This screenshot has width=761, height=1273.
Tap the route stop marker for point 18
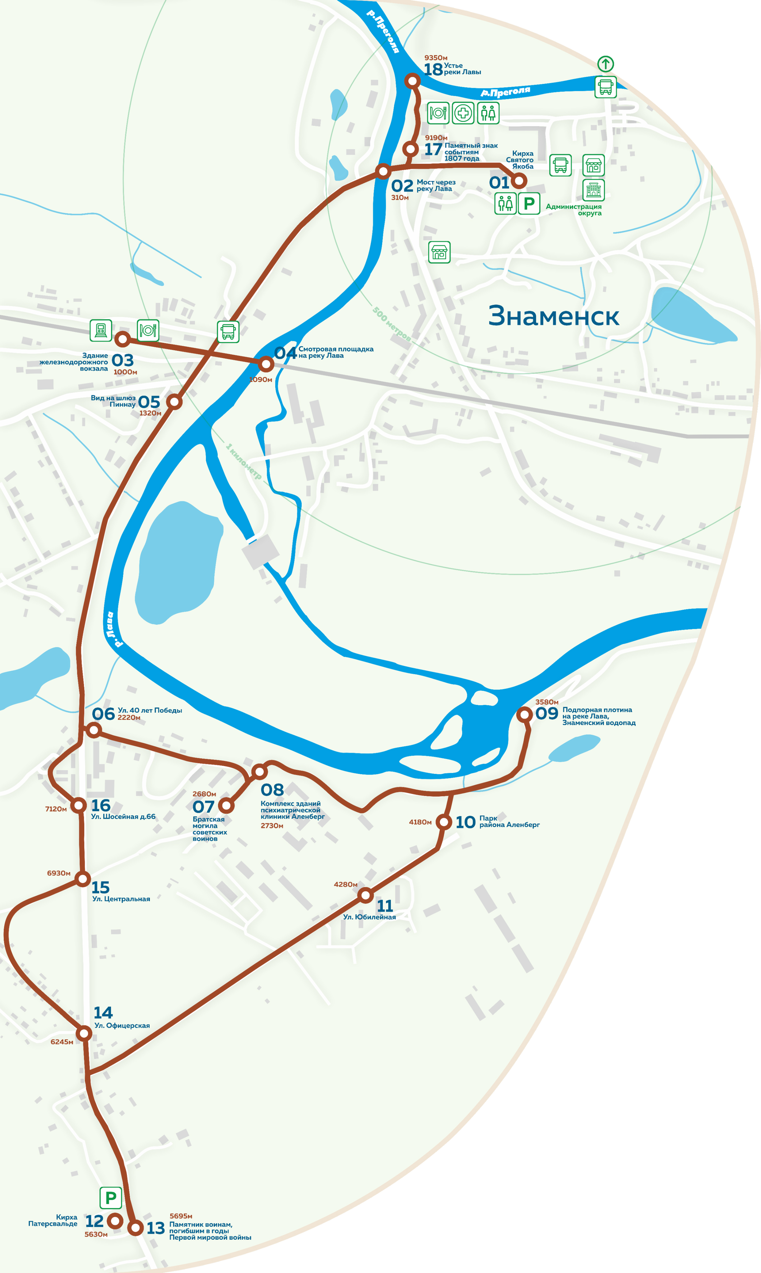[412, 81]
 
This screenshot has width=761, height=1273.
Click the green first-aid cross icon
[463, 113]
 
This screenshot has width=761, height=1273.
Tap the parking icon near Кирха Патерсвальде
[110, 1198]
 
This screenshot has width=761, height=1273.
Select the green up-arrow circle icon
[605, 64]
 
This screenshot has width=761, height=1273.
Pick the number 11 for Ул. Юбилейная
[385, 906]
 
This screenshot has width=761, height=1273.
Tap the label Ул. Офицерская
[122, 1026]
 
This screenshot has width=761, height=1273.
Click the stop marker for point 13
[135, 1227]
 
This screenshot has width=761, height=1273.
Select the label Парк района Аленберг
[509, 821]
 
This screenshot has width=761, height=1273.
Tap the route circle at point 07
[226, 806]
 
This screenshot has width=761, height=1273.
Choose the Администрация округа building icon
[593, 190]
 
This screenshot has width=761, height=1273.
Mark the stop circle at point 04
[266, 364]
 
